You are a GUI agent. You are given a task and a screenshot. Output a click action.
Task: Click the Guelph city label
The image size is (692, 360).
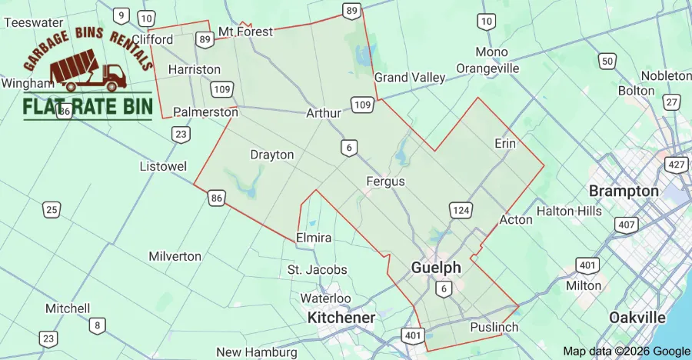pos(436,268)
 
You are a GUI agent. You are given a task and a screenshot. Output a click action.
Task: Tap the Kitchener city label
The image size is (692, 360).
pos(341,317)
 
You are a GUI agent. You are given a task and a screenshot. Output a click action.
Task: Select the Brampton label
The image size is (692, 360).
pos(624,191)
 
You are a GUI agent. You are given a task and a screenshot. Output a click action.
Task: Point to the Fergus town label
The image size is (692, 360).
pos(385,182)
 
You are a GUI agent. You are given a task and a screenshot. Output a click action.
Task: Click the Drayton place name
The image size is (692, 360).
pos(272,155)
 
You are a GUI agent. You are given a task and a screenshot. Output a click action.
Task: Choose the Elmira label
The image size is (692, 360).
pos(314,238)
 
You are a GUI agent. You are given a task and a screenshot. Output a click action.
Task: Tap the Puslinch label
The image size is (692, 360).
pos(494,328)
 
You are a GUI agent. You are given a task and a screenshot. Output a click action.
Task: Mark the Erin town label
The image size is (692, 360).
pos(505,143)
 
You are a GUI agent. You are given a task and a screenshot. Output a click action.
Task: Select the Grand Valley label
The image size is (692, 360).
pos(410,78)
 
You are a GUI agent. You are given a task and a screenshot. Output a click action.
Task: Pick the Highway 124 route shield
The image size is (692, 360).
pos(461,210)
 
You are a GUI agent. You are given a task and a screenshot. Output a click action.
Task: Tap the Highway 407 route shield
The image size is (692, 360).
pos(626,224)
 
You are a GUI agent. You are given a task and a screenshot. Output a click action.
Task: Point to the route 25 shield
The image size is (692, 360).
pos(52,209)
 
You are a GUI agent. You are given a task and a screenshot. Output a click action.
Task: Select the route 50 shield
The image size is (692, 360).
pos(607,61)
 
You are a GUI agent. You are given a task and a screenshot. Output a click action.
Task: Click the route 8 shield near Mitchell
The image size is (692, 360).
pos(96,325)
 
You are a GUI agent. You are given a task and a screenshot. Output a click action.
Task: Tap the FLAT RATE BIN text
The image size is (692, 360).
pos(88,107)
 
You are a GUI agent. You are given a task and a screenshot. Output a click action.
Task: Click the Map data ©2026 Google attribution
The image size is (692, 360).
pos(627,351)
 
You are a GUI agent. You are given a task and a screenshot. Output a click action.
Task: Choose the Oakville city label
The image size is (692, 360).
pos(637,317)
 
